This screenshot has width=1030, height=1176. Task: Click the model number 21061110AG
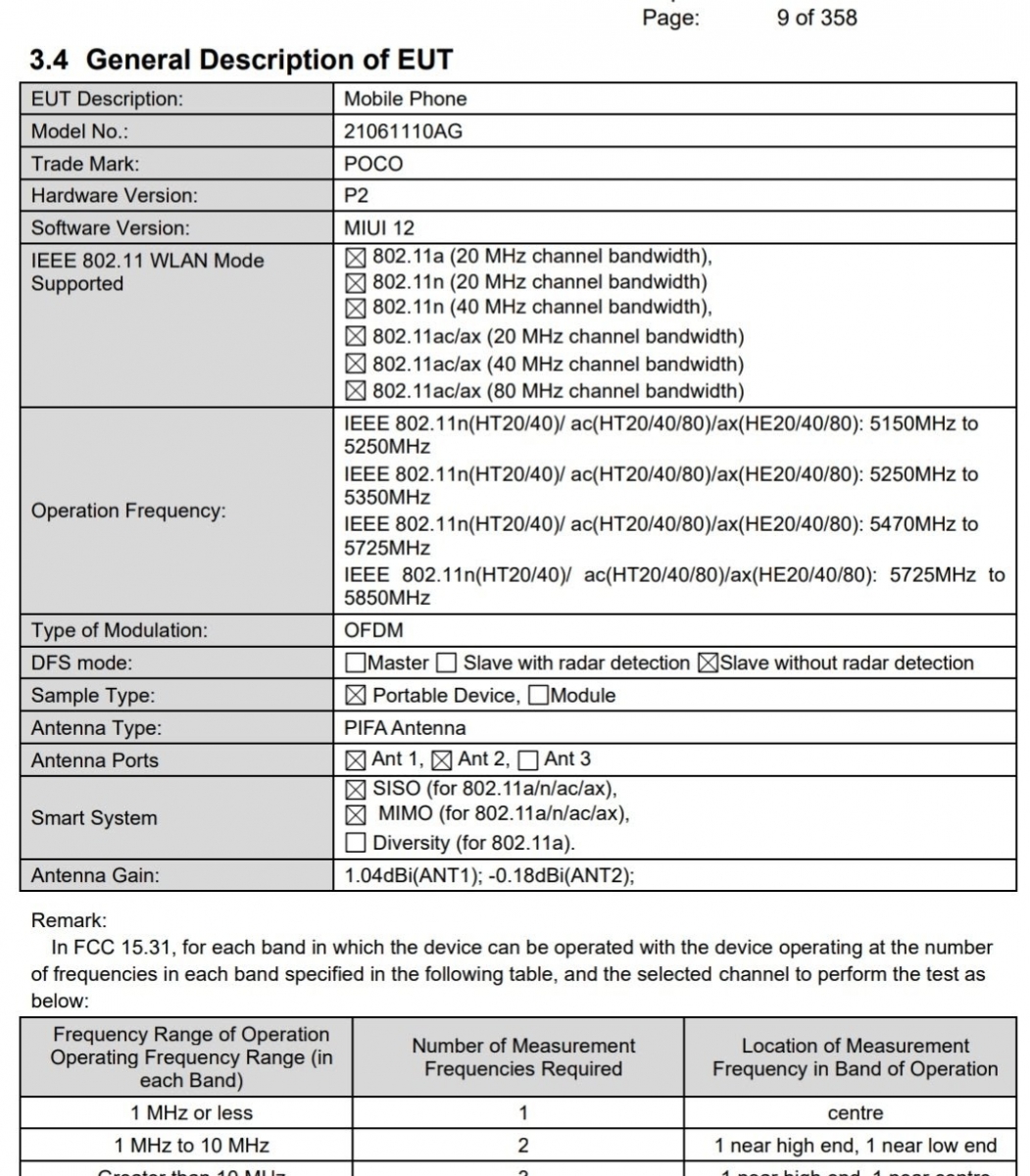tap(403, 131)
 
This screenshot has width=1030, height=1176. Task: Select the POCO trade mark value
tap(373, 164)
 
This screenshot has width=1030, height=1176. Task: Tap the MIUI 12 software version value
tap(379, 227)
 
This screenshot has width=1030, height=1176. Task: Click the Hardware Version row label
tap(114, 195)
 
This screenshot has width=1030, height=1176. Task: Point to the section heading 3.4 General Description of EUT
tap(241, 60)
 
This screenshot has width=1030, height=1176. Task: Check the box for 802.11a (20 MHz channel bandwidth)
tap(356, 258)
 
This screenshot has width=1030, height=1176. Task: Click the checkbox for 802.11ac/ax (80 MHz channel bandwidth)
tap(356, 392)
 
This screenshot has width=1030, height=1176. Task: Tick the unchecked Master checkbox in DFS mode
tap(356, 663)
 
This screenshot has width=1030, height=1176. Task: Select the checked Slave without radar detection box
tap(707, 663)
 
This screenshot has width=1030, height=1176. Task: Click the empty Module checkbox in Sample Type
tap(537, 696)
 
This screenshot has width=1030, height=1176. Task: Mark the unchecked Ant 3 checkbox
tap(528, 759)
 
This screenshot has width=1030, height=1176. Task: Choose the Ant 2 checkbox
tap(442, 759)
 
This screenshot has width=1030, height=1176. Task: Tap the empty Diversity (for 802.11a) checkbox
tap(356, 843)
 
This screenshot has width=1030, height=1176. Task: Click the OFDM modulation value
tap(373, 630)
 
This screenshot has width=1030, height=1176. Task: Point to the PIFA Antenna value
tap(405, 728)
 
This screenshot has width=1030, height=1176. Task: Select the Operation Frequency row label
tap(128, 511)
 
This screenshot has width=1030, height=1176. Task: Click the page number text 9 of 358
tap(816, 18)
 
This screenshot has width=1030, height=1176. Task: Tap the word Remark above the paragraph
tap(69, 921)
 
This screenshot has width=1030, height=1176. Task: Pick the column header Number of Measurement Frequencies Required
tap(523, 1057)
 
